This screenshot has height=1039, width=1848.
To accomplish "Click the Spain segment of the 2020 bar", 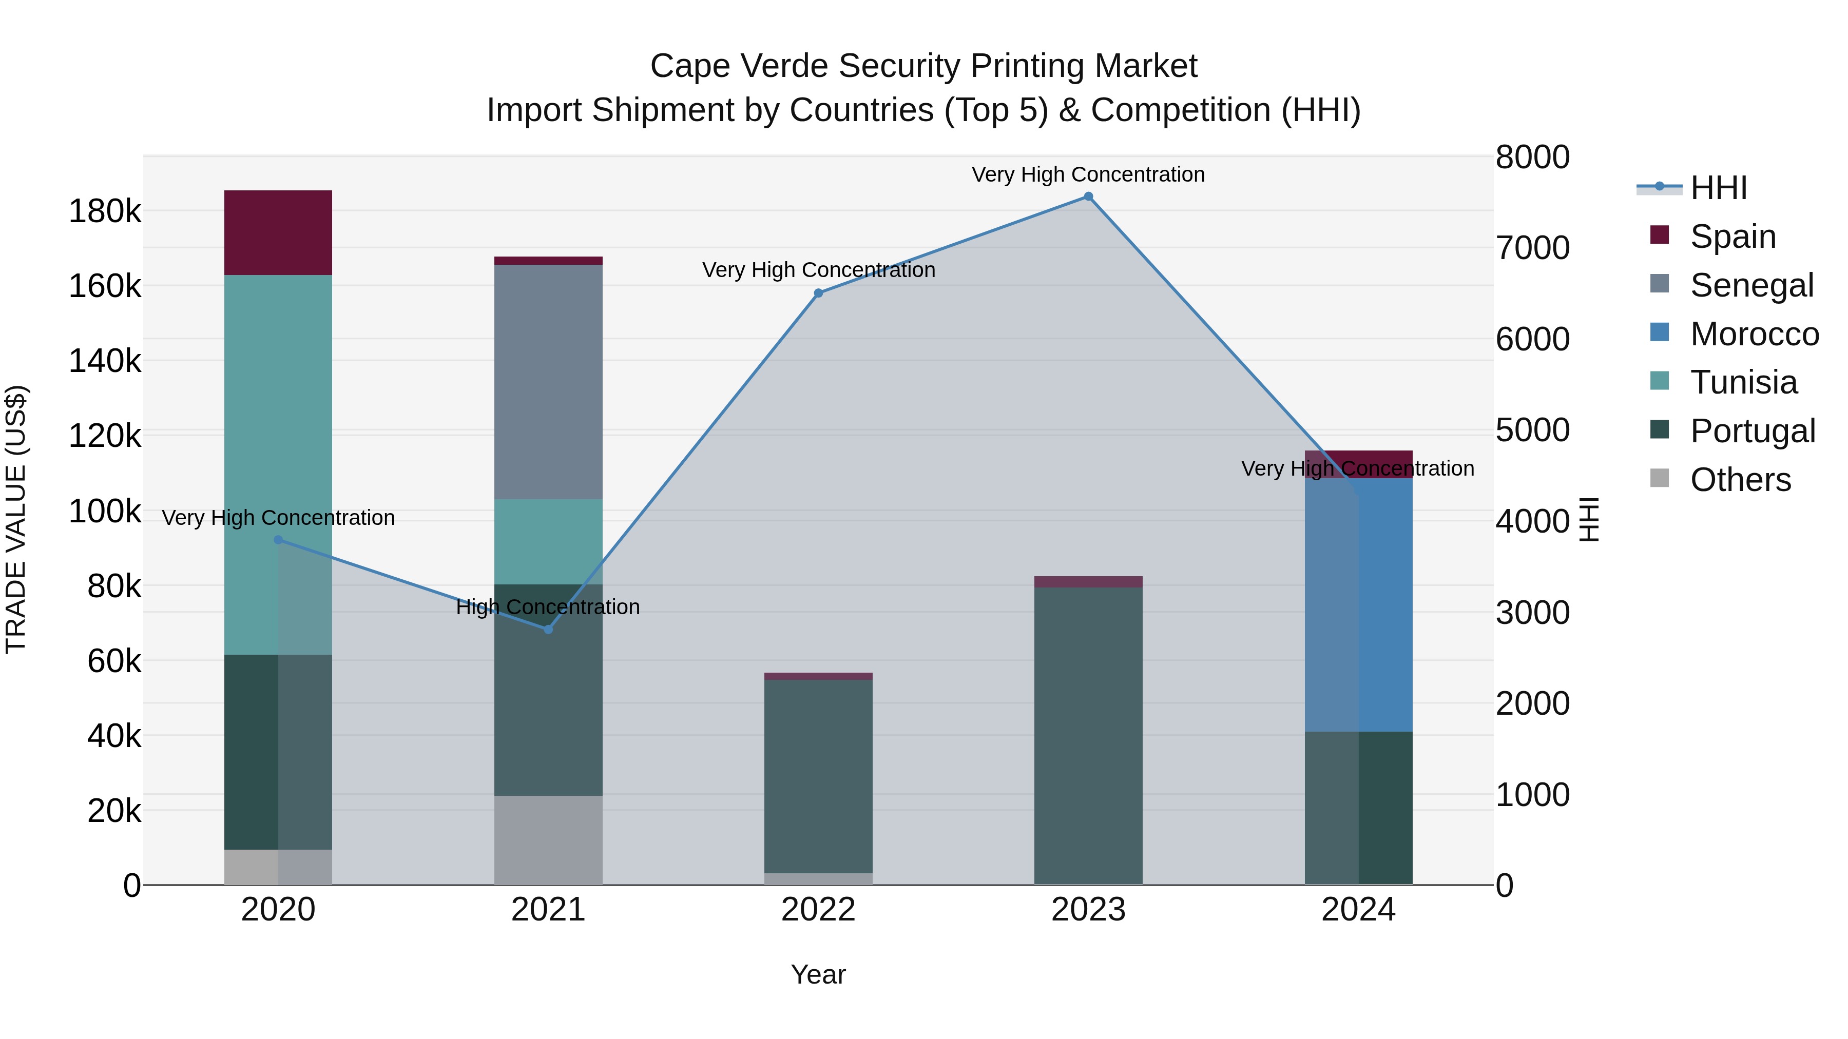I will [278, 232].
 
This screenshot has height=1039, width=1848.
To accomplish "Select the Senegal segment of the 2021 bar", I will [548, 381].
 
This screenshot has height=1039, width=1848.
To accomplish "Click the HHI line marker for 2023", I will [1088, 197].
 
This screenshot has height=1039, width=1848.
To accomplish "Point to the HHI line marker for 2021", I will [548, 630].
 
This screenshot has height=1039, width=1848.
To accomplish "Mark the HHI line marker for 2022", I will [819, 293].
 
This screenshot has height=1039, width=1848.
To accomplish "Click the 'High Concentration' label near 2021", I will [548, 607].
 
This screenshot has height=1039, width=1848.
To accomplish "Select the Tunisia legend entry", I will [1743, 382].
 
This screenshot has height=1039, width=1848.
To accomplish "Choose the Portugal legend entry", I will [1752, 431].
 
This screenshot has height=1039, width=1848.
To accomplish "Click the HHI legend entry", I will [1718, 188].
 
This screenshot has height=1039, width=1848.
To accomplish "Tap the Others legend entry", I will [1740, 480].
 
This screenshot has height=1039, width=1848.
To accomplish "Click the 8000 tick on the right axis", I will [1532, 157].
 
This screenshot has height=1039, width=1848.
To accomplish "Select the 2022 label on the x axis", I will [819, 910].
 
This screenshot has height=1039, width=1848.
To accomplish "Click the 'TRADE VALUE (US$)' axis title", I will [16, 519].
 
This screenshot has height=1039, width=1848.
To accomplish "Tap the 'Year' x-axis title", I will [819, 974].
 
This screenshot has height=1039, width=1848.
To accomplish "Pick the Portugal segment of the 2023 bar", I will [1088, 735].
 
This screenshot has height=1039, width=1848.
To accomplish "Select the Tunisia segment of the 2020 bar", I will [278, 465].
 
